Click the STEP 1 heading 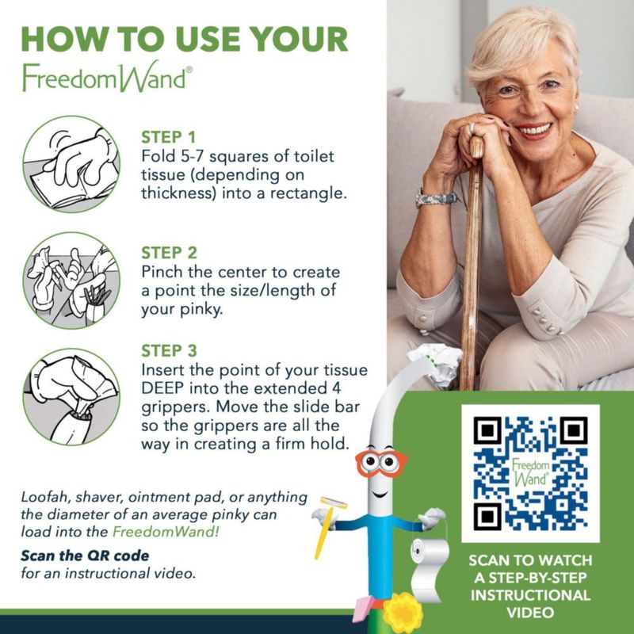tap(168, 137)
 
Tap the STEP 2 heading tap(169, 253)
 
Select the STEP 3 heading tap(169, 350)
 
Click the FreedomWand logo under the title tap(107, 77)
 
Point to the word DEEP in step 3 tap(162, 388)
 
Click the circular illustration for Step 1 tap(71, 164)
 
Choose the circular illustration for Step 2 tap(71, 281)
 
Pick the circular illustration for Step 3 tap(71, 397)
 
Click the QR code tap(530, 473)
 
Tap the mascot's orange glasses tap(382, 462)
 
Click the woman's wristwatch tap(436, 199)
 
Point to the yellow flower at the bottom tap(403, 616)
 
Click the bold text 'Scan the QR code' tap(85, 556)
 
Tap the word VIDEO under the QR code tap(530, 612)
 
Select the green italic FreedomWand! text tap(166, 531)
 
